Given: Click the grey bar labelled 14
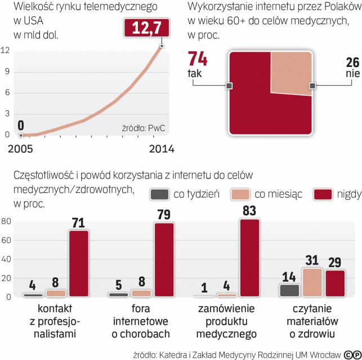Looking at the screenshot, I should pos(289,290).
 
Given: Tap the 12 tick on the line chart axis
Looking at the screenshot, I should pos(6,50).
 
